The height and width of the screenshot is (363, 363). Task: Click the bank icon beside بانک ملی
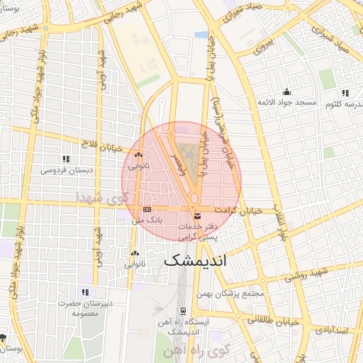pyautogui.click(x=147, y=209)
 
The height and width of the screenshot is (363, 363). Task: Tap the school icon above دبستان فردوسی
pyautogui.click(x=66, y=160)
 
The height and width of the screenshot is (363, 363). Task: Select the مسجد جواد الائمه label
pyautogui.click(x=286, y=103)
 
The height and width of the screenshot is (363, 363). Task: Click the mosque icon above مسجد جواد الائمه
pyautogui.click(x=286, y=91)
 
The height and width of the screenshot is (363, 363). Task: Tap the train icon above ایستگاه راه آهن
pyautogui.click(x=183, y=311)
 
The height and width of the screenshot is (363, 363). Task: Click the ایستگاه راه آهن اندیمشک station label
pyautogui.click(x=182, y=327)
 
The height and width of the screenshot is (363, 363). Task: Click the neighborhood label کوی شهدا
pyautogui.click(x=104, y=196)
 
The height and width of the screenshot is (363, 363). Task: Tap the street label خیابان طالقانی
pyautogui.click(x=269, y=320)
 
